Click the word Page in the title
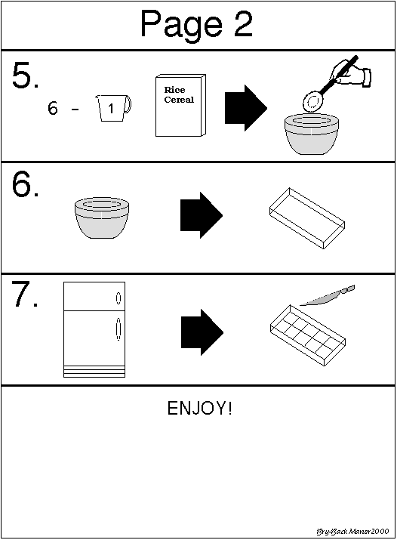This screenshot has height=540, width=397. pyautogui.click(x=181, y=25)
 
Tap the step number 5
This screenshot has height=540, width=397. pyautogui.click(x=25, y=76)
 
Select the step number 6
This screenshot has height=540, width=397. pyautogui.click(x=25, y=184)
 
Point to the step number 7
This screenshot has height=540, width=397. pyautogui.click(x=25, y=294)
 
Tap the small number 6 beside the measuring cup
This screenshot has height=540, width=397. pyautogui.click(x=53, y=108)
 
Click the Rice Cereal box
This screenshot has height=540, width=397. pyautogui.click(x=180, y=105)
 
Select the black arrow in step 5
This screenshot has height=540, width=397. pyautogui.click(x=246, y=108)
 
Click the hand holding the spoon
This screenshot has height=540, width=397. pyautogui.click(x=351, y=73)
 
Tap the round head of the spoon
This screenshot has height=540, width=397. pyautogui.click(x=313, y=100)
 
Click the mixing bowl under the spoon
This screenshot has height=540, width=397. pyautogui.click(x=312, y=134)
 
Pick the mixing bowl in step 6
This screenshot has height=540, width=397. pyautogui.click(x=102, y=218)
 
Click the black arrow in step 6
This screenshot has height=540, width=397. pyautogui.click(x=202, y=215)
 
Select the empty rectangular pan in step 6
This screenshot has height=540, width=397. pyautogui.click(x=307, y=218)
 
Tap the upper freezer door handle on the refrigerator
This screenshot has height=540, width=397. pyautogui.click(x=118, y=298)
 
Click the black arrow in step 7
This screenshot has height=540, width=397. pyautogui.click(x=202, y=332)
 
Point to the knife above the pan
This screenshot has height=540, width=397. pyautogui.click(x=328, y=295)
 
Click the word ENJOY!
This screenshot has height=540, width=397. pyautogui.click(x=199, y=408)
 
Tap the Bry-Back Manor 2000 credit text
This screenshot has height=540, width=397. pyautogui.click(x=352, y=532)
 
